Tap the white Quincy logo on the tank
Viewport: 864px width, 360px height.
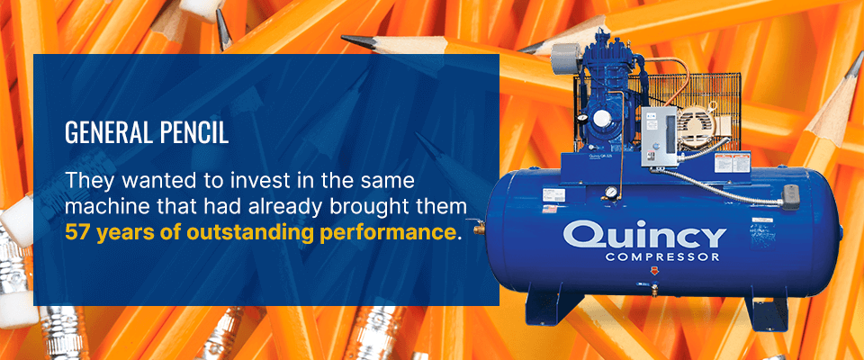tap(644, 235)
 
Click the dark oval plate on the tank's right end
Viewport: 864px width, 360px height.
tap(792, 193)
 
